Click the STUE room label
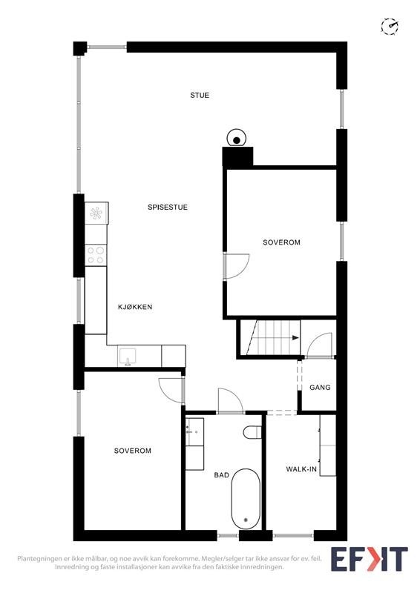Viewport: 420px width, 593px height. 200,95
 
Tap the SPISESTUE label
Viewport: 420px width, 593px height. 167,208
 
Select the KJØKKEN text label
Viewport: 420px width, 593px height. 135,306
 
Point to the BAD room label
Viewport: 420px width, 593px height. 221,475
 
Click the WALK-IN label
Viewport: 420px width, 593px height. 301,469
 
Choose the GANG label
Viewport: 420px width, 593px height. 320,387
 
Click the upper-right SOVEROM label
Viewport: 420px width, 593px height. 281,242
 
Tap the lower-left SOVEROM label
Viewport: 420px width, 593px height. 133,451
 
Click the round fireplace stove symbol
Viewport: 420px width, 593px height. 237,139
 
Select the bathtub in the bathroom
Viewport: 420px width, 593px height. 245,501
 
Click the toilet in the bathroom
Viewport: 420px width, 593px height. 252,431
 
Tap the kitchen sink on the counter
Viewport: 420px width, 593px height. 127,357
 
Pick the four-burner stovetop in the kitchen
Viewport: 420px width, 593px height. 96,255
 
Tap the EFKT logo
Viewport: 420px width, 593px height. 369,558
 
